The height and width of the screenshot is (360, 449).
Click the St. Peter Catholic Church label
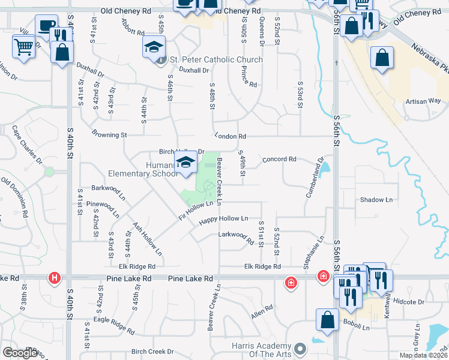pyautogui.click(x=216, y=59)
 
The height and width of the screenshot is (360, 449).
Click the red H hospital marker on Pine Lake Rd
pyautogui.click(x=55, y=278)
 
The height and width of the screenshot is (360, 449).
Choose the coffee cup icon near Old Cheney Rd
pyautogui.click(x=46, y=25)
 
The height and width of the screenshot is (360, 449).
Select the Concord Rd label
pyautogui.click(x=280, y=160)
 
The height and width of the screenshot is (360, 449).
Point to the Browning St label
pyautogui.click(x=109, y=135)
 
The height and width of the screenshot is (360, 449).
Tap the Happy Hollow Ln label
pyautogui.click(x=223, y=220)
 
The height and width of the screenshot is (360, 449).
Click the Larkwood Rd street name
pyautogui.click(x=236, y=238)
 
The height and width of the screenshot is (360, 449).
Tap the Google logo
pyautogui.click(x=20, y=353)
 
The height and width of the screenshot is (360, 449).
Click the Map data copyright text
pyautogui.click(x=423, y=355)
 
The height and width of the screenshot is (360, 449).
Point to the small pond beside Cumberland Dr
pyautogui.click(x=325, y=171)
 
